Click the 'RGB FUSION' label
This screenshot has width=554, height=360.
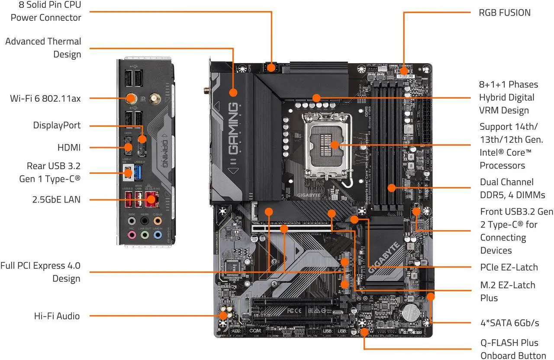(504, 13)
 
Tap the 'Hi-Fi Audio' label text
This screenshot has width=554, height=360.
(57, 316)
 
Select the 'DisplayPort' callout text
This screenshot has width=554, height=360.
(57, 125)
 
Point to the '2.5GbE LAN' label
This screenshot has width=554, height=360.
(57, 199)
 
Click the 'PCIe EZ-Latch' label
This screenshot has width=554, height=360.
(509, 267)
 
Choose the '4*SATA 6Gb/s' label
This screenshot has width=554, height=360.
(510, 323)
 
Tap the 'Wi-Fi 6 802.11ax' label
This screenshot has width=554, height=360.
(45, 98)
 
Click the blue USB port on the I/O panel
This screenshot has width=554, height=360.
(138, 173)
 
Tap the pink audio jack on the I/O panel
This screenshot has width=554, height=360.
(132, 235)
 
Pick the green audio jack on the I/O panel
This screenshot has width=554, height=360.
(145, 235)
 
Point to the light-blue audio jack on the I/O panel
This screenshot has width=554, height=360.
(158, 235)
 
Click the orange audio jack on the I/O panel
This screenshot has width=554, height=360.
(158, 221)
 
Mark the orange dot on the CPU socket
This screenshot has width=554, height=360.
(334, 145)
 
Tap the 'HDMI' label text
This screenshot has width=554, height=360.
(69, 148)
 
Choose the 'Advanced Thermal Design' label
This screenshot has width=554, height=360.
(43, 48)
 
